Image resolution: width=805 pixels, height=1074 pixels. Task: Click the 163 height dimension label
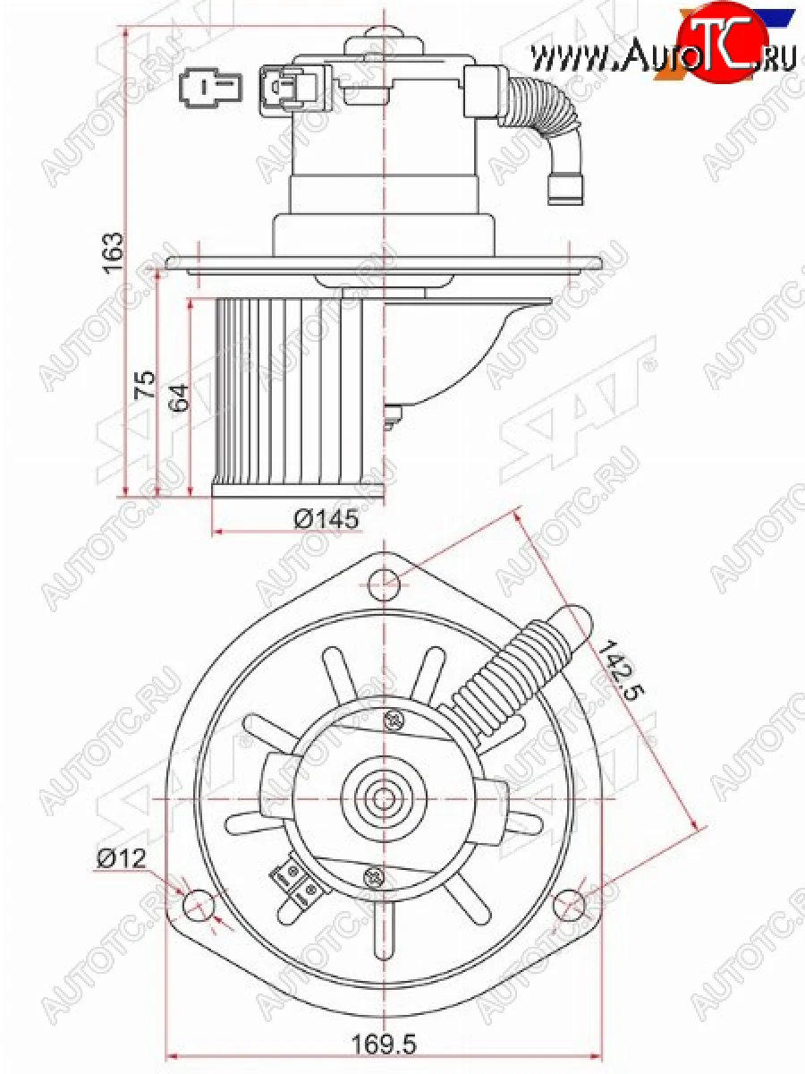pyautogui.click(x=114, y=252)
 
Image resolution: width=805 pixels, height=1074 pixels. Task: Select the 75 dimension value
pyautogui.click(x=145, y=385)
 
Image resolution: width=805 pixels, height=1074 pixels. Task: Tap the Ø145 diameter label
pyautogui.click(x=326, y=518)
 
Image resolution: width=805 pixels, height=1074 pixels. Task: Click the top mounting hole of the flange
pyautogui.click(x=385, y=584)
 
